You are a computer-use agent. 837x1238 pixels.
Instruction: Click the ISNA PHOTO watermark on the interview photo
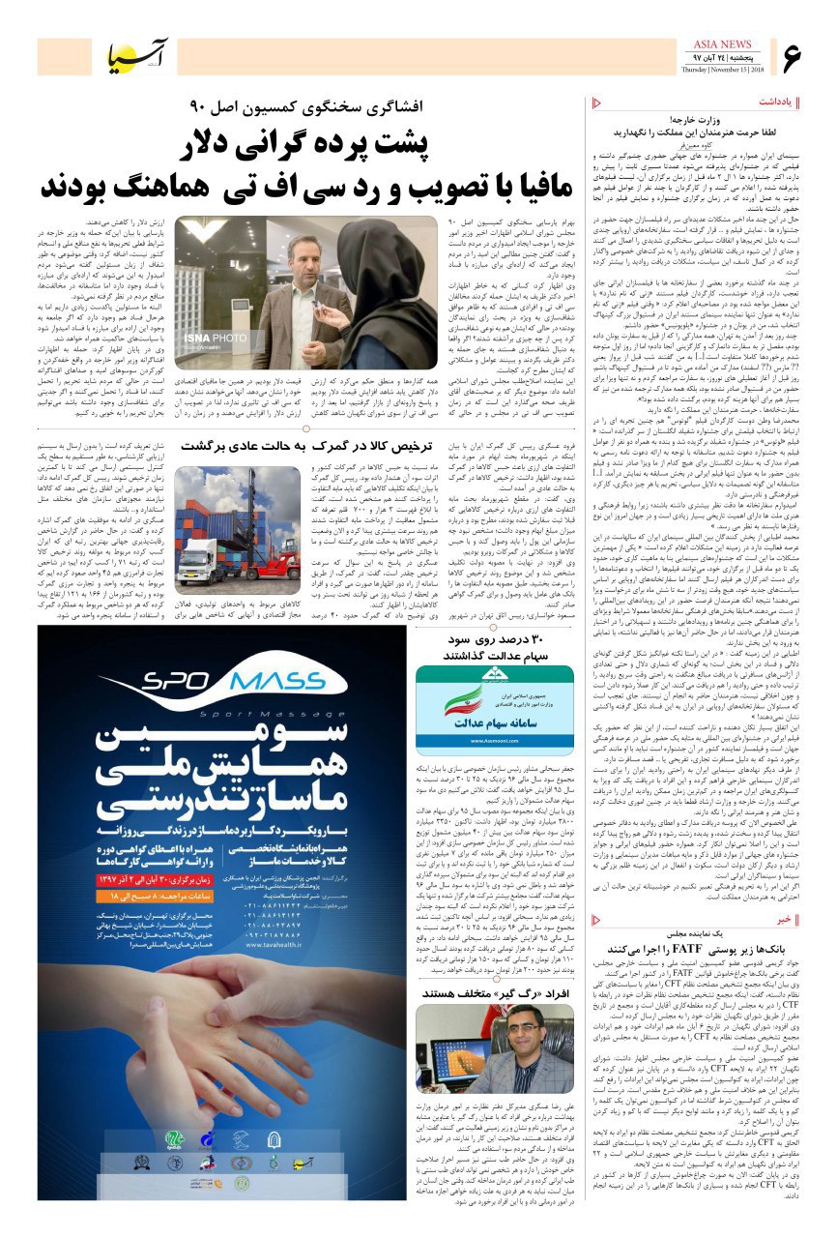click(208, 336)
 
